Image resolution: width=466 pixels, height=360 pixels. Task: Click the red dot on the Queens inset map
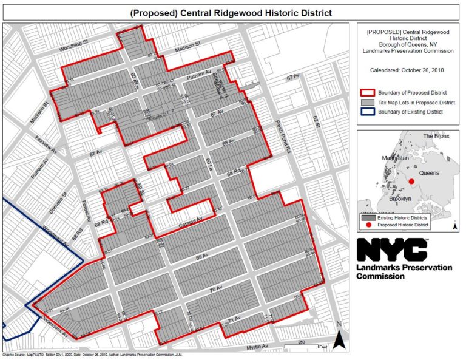411,181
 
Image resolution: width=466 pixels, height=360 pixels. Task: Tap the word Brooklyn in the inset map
399,199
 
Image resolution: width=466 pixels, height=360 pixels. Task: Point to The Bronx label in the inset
436,136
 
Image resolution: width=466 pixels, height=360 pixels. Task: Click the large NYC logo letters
392,250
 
